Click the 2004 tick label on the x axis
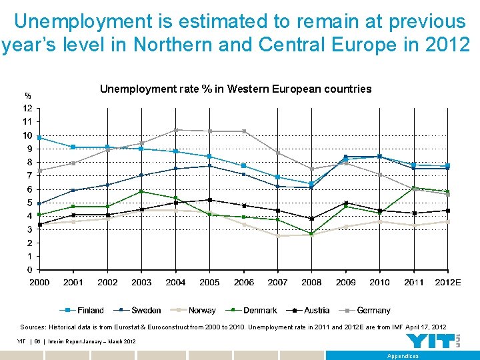click(175, 283)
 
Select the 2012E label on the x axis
click(448, 283)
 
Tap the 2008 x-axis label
click(311, 283)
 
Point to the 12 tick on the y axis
click(28, 108)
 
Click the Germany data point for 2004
click(176, 130)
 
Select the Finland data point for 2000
click(39, 137)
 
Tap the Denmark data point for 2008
click(312, 233)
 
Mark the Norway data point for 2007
click(278, 235)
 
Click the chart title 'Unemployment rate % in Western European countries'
click(235, 89)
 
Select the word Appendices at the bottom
click(403, 356)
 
